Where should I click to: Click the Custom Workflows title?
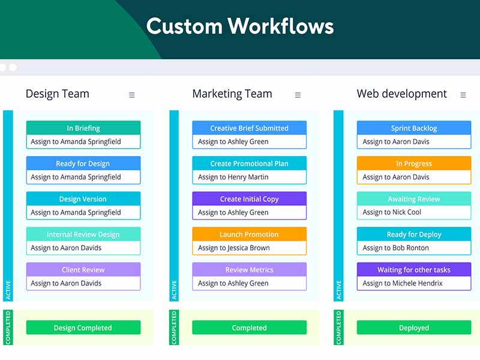[x=240, y=26]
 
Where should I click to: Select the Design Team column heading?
[x=58, y=94]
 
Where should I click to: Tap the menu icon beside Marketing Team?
[x=298, y=95]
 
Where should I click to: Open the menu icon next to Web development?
[x=463, y=95]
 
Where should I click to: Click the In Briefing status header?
[x=83, y=128]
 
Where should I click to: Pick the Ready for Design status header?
[x=83, y=163]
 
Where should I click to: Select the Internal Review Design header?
[x=83, y=234]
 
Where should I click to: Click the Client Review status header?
[x=83, y=269]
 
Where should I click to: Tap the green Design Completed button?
[x=83, y=328]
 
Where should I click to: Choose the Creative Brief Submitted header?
[x=249, y=128]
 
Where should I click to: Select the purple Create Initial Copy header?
[x=249, y=199]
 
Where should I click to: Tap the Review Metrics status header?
[x=249, y=269]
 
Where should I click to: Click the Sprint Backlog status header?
[x=414, y=128]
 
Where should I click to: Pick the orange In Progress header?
[x=414, y=163]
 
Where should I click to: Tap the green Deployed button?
[x=414, y=328]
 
